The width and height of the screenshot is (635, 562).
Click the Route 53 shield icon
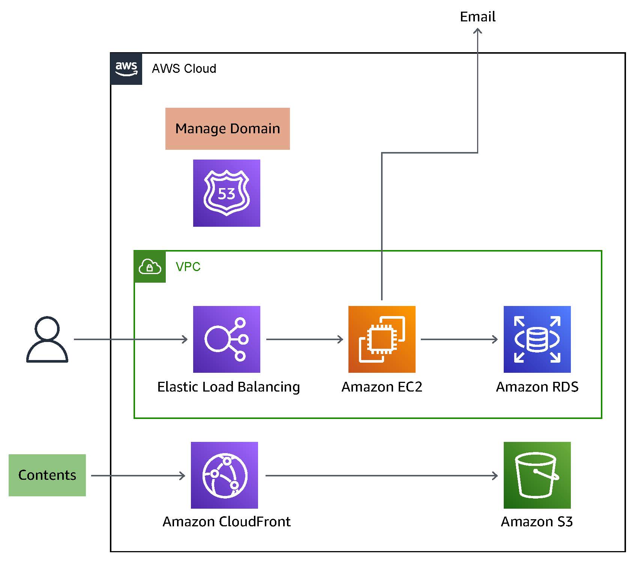(x=227, y=193)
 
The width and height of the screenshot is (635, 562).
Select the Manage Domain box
(x=227, y=129)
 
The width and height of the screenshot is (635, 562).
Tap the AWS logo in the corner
(x=126, y=69)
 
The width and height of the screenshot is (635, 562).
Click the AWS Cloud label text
(x=184, y=69)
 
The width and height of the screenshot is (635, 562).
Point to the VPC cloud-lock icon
(x=150, y=267)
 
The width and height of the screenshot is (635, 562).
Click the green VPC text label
(x=188, y=267)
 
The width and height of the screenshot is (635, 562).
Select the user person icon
(x=47, y=339)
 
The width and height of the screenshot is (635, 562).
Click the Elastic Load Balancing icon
(x=227, y=339)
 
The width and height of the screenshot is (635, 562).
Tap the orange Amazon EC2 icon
(x=382, y=339)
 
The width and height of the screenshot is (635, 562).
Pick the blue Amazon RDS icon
(x=537, y=339)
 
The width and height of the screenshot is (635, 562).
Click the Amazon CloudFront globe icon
(x=224, y=475)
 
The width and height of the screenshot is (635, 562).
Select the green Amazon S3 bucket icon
(x=537, y=475)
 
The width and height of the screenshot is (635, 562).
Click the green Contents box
(x=47, y=475)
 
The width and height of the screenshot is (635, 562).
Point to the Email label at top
(x=477, y=17)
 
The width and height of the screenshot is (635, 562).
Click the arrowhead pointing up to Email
(x=477, y=31)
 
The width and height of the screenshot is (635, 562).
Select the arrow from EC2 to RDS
(x=459, y=339)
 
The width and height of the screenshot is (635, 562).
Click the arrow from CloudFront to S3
(x=381, y=476)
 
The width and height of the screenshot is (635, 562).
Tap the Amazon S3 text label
(x=537, y=521)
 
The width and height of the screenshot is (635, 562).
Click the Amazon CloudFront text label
(x=227, y=521)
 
